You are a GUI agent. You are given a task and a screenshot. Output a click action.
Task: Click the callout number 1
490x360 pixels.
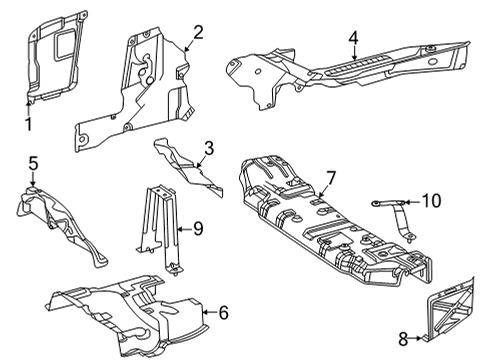(29, 124)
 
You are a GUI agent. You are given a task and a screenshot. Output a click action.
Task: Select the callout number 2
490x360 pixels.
(198, 33)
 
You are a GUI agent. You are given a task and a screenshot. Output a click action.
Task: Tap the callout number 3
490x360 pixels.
(209, 148)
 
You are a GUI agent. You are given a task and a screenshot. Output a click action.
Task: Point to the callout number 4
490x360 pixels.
(354, 38)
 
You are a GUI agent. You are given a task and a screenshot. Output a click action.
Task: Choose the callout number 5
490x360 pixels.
(33, 164)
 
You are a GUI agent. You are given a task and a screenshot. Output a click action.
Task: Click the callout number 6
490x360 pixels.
(223, 312)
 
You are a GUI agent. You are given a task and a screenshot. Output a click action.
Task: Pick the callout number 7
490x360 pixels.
(331, 178)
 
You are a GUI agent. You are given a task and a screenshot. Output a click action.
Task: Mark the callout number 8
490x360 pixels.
(403, 339)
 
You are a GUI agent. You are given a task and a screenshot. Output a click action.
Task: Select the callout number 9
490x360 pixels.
(198, 229)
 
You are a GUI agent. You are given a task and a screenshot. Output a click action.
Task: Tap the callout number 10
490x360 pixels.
(432, 201)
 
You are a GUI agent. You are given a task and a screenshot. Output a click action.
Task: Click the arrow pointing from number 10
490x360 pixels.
(412, 202)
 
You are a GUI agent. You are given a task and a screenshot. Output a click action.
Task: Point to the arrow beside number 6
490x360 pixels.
(210, 312)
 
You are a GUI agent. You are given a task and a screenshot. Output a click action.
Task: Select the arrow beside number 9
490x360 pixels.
(184, 229)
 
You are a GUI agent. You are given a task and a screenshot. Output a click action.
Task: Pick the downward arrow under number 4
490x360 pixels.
(354, 53)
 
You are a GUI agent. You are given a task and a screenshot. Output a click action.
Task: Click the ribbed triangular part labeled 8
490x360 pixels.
(450, 310)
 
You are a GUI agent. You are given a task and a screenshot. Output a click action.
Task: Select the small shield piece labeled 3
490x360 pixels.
(188, 168)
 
